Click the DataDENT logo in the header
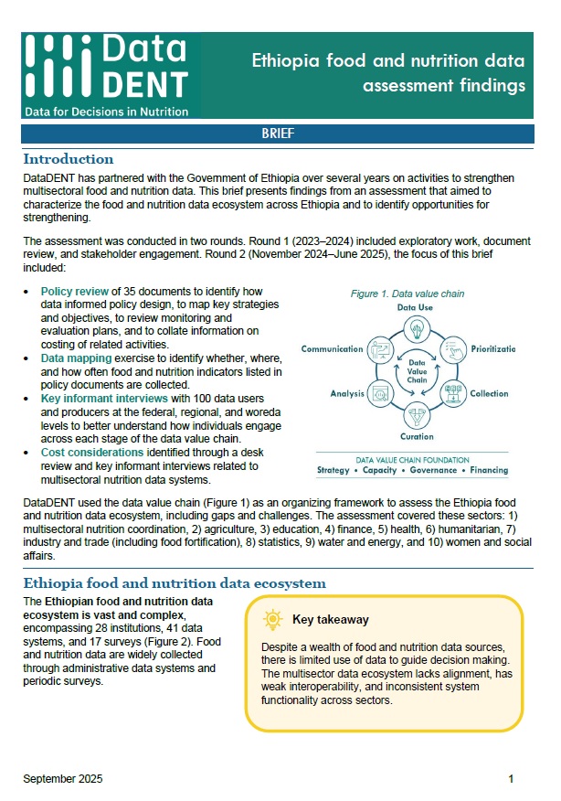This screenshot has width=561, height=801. click(108, 69)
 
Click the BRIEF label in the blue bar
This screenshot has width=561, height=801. click(279, 133)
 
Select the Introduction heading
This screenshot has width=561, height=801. click(69, 159)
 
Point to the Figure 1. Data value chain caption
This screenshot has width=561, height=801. click(408, 294)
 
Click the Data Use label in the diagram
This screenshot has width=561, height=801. click(415, 308)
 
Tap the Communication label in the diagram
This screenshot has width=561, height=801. click(333, 348)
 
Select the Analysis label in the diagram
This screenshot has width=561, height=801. click(346, 393)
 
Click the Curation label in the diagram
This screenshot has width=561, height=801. click(415, 436)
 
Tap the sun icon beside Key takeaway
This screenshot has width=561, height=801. click(272, 620)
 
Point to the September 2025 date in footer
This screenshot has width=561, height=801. click(63, 779)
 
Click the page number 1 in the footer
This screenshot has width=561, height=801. click(512, 779)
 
